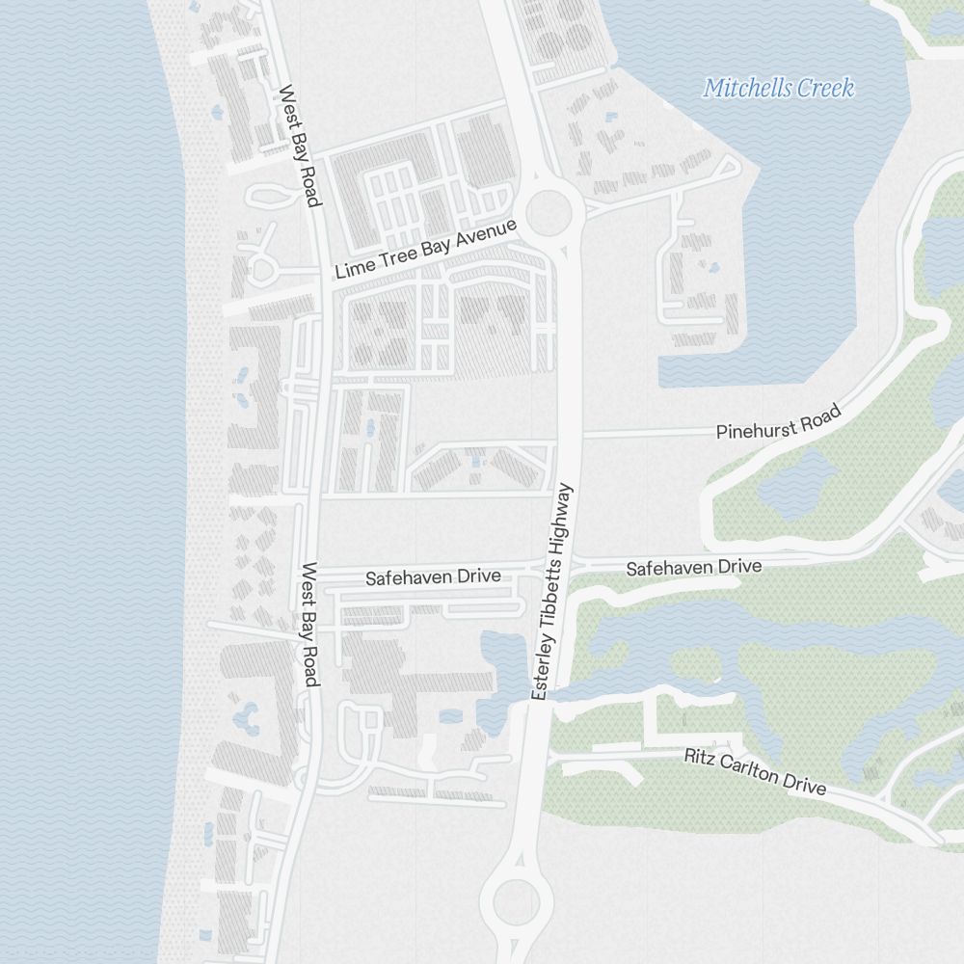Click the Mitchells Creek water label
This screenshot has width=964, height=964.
[x=778, y=89]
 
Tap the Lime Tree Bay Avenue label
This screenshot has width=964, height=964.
[x=426, y=249]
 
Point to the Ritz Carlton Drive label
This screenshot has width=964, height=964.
[x=755, y=770]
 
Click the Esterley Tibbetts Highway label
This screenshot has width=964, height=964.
[x=552, y=592]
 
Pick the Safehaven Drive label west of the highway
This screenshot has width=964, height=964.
[x=433, y=577]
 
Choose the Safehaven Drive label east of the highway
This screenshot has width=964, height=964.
[x=693, y=568]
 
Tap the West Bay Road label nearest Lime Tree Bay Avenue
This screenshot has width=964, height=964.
[x=298, y=146]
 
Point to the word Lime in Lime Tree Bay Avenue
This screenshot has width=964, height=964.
[x=352, y=269]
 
